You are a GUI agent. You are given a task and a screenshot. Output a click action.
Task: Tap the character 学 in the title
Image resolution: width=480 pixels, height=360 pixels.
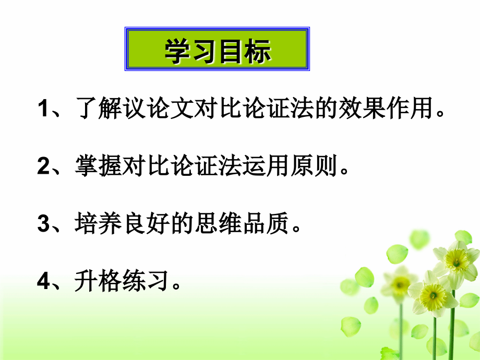pos(178,51)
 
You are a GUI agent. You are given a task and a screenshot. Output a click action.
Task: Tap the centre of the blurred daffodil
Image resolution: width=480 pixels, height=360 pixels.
pos(400,285)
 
